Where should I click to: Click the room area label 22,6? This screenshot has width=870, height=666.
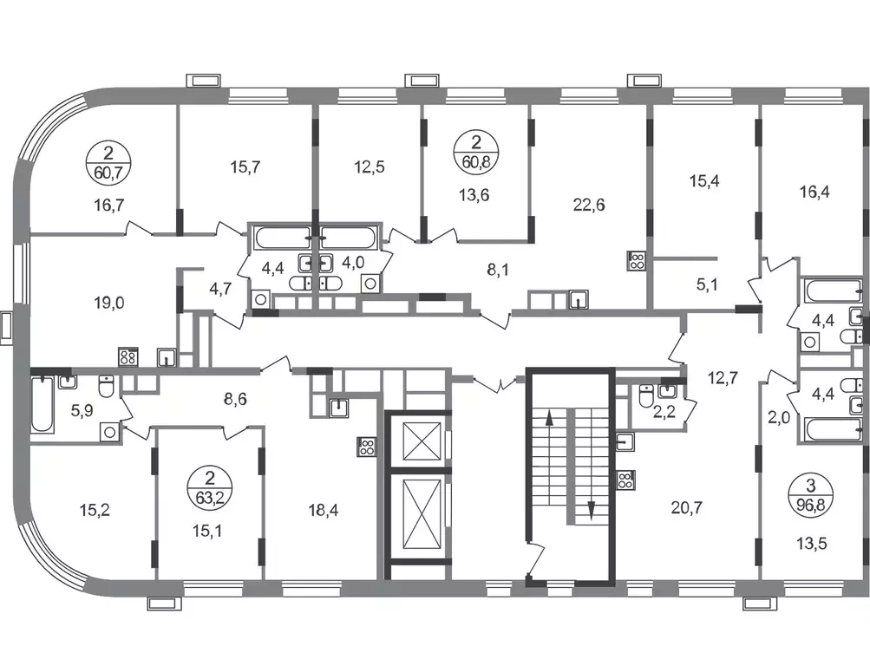589,206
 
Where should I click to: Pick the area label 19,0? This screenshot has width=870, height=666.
108,303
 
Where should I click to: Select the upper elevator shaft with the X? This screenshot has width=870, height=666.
422,441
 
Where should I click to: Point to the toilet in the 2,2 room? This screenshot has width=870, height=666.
646,395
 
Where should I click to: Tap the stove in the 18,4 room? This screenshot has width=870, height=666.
366,447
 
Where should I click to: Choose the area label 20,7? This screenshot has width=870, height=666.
687,506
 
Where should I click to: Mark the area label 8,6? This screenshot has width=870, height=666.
235,399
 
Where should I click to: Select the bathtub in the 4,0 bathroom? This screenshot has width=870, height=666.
349,238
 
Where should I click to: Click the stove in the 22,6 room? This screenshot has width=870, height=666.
635,261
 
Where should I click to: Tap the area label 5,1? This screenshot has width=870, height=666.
708,285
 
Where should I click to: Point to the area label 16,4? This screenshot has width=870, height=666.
814,193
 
